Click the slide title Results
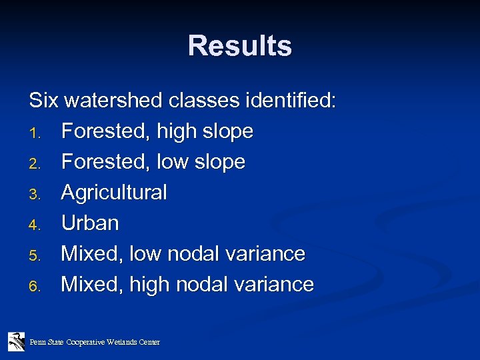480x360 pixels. pos(239,46)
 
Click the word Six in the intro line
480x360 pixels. pos(43,101)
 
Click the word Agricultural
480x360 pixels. pos(114,193)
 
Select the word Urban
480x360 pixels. pos(90,223)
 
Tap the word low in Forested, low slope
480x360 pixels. pos(172,162)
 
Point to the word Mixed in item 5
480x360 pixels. pos(91,254)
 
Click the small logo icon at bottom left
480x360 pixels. pos(17,341)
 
